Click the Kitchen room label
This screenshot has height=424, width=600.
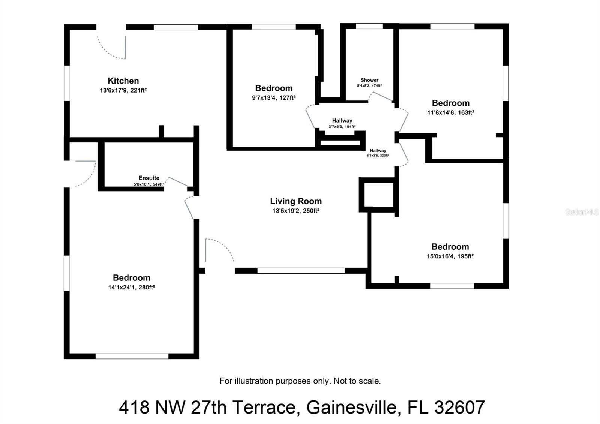pyautogui.click(x=123, y=81)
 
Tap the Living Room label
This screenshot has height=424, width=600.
pyautogui.click(x=296, y=201)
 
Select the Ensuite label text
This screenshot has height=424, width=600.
pyautogui.click(x=149, y=178)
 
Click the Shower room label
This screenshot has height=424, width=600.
pyautogui.click(x=369, y=80)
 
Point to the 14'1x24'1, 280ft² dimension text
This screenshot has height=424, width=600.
pyautogui.click(x=131, y=288)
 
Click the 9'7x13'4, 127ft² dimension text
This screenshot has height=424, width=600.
pyautogui.click(x=274, y=98)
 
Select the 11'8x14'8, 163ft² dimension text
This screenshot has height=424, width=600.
pyautogui.click(x=450, y=112)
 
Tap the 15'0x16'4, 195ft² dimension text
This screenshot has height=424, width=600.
pyautogui.click(x=450, y=256)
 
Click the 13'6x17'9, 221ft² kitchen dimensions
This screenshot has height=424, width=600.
pyautogui.click(x=123, y=90)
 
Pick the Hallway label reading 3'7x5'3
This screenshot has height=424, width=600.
pyautogui.click(x=342, y=121)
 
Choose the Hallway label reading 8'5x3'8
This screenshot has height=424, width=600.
pyautogui.click(x=378, y=151)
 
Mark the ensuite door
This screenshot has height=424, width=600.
pyautogui.click(x=177, y=181)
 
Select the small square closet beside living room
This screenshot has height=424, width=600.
pyautogui.click(x=376, y=194)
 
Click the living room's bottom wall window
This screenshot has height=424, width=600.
pyautogui.click(x=301, y=270)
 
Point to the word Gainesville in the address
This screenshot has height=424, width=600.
pyautogui.click(x=351, y=407)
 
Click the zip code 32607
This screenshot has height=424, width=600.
pyautogui.click(x=459, y=407)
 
